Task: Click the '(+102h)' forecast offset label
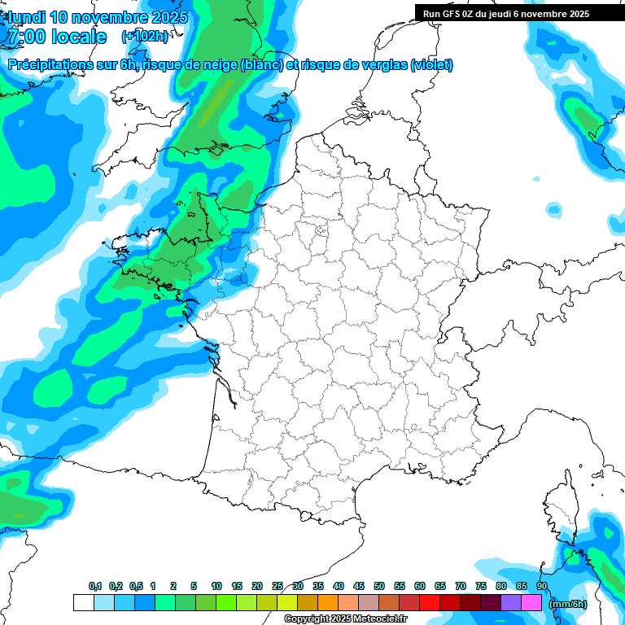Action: pos(145,36)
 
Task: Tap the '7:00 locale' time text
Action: pos(57,37)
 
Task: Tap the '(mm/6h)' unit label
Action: pos(567,603)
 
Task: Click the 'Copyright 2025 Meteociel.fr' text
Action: pos(345,619)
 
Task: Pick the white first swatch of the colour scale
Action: pos(83,603)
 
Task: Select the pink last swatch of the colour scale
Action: pos(531,603)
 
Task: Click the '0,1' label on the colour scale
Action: pos(95,586)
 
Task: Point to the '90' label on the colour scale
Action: pos(542,586)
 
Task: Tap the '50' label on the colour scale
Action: pos(379,586)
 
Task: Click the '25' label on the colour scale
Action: pos(278,586)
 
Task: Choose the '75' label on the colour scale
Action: pos(481,586)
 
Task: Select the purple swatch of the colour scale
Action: pos(511,603)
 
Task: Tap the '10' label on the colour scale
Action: pos(216,586)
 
